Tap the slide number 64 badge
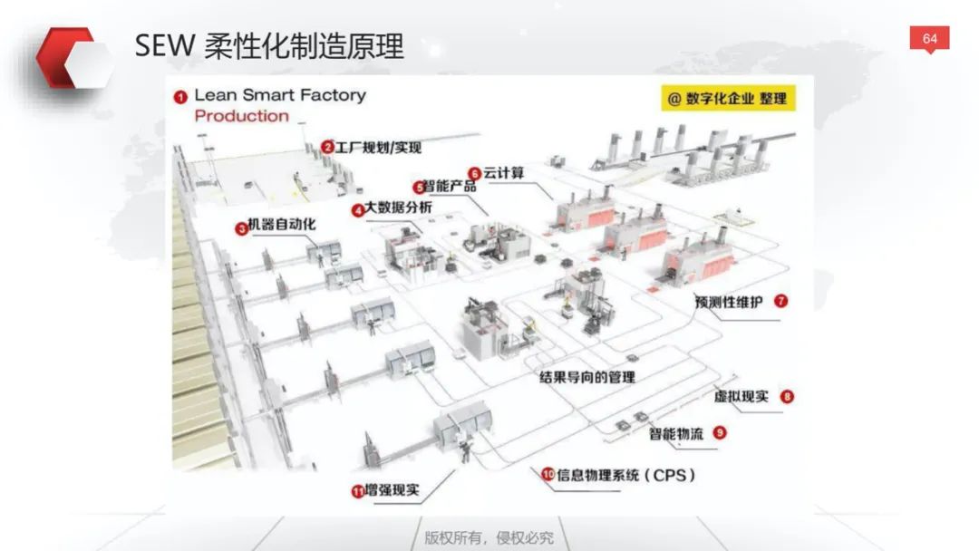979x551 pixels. coord(930,39)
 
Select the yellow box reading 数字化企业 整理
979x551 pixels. coord(728,99)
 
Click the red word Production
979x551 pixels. coord(242,116)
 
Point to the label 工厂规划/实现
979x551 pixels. coord(378,148)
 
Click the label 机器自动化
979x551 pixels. coord(282,225)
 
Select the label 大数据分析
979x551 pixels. coord(398,208)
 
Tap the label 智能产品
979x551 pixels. coord(450,186)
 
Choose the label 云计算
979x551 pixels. coord(504,173)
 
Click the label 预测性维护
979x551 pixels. coord(729,303)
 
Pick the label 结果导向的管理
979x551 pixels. coord(587,377)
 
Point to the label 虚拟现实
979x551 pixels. coord(742,396)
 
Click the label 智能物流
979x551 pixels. coord(676,434)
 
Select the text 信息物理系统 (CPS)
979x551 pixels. coord(625,476)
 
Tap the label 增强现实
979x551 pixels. coord(393,490)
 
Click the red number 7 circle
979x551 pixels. coord(781,302)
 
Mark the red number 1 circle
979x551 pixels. coord(180,97)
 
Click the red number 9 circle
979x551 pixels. coord(720,432)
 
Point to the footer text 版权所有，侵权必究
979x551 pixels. coord(489,537)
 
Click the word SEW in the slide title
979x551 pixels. coord(164,46)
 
